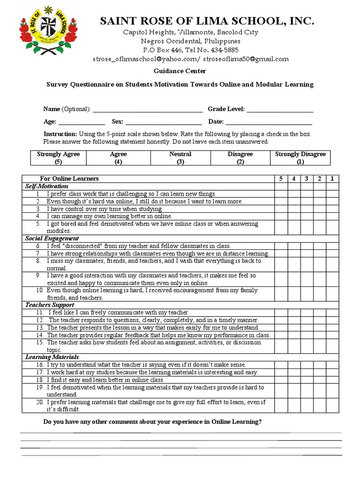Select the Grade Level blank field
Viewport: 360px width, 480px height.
[280, 110]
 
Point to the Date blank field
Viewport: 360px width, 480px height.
[269, 122]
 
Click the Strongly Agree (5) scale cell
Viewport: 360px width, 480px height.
[58, 158]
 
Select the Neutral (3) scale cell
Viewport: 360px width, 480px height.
[180, 158]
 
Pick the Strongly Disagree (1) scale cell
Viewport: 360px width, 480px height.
[300, 158]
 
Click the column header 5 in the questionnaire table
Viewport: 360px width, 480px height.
[281, 179]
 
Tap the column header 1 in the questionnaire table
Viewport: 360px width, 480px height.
[332, 179]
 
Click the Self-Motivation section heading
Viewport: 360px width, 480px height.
[46, 186]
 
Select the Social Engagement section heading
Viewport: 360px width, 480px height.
[52, 238]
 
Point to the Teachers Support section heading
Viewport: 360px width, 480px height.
[49, 305]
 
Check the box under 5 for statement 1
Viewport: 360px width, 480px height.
[281, 194]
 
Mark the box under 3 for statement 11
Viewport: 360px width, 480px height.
[307, 312]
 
